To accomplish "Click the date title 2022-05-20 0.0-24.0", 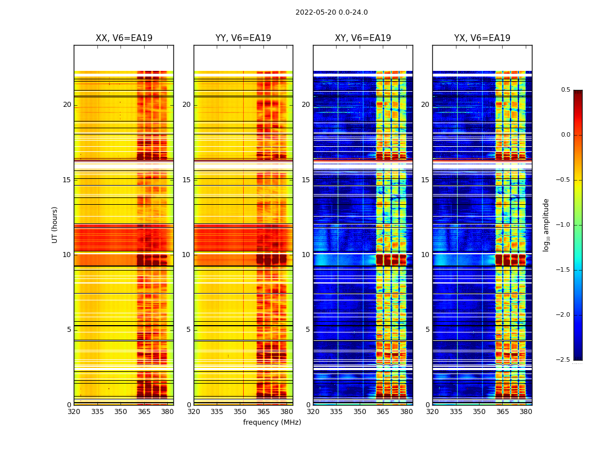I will [x=332, y=12].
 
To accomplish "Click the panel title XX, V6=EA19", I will [x=124, y=38].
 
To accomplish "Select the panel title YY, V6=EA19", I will [x=243, y=38].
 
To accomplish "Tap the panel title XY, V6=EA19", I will [x=363, y=38].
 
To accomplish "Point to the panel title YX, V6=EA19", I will [x=482, y=38].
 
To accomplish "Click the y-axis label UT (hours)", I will [x=55, y=224].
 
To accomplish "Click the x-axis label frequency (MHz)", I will [x=272, y=422].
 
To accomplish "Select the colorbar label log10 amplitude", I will [x=545, y=224].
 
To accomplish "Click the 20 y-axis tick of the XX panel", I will [x=67, y=105].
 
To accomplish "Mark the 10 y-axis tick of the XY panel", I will [x=306, y=255].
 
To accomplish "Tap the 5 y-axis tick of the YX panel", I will [x=428, y=330].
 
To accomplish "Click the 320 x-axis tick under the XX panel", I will [x=74, y=412].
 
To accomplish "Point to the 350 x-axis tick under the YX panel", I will [x=479, y=412].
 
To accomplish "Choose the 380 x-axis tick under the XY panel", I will [x=406, y=412].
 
